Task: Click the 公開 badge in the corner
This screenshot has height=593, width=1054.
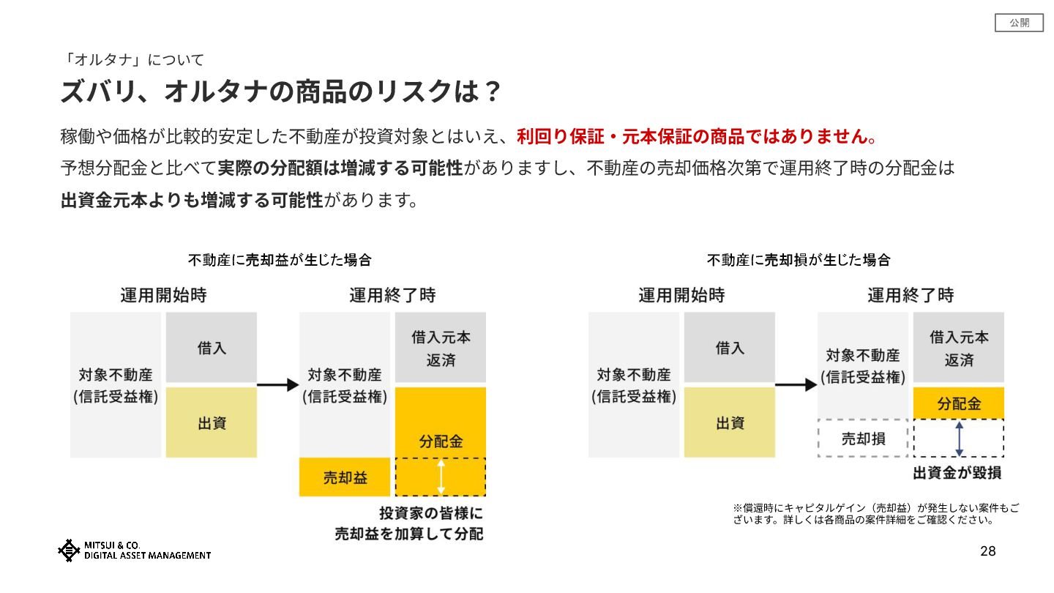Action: tap(1019, 23)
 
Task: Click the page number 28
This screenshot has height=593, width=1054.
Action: tap(988, 551)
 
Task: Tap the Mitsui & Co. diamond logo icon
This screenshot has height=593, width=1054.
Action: tap(69, 551)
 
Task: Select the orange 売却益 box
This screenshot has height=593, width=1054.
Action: tap(346, 477)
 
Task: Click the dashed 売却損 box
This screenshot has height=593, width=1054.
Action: tap(863, 439)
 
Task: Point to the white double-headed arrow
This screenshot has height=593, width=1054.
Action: tap(441, 477)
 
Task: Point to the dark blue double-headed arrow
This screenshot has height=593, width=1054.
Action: tap(960, 438)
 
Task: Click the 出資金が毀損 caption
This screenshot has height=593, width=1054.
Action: tap(957, 474)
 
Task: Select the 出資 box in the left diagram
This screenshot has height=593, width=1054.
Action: tap(212, 422)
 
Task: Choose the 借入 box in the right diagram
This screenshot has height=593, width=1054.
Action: tap(730, 348)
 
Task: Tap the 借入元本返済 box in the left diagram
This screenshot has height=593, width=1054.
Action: tap(441, 348)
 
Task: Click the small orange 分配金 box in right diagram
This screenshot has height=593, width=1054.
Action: tap(959, 403)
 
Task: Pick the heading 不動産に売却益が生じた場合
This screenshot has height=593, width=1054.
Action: tap(280, 260)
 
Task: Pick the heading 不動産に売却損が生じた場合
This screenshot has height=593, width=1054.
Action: tap(798, 260)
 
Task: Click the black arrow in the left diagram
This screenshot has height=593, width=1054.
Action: tap(278, 385)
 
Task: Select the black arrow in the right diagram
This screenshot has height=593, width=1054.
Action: tap(796, 385)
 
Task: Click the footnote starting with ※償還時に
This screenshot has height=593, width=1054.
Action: tap(876, 514)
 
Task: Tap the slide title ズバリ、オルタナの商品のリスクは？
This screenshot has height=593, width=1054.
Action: tap(281, 92)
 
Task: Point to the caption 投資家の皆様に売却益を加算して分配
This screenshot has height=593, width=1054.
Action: tap(409, 523)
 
